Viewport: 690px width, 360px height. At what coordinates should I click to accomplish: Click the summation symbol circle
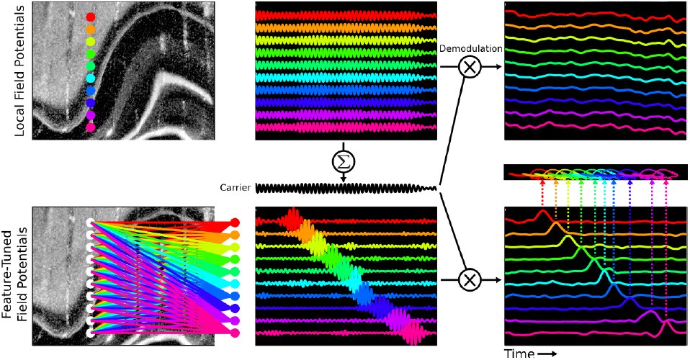coord(344,163)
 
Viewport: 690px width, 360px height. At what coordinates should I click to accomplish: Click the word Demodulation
coord(470,49)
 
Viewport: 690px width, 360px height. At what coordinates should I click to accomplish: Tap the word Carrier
coord(236,188)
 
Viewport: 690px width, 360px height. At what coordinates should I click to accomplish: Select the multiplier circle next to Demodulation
coord(470,67)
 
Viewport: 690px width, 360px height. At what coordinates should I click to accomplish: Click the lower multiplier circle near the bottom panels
coord(470,279)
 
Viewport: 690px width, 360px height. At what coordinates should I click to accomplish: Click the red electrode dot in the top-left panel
coord(90,17)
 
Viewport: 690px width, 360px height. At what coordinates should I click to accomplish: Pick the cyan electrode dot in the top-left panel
coord(90,78)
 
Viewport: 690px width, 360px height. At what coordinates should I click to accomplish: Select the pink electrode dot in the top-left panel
coord(90,127)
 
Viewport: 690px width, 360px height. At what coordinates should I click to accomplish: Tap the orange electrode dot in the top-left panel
coord(90,30)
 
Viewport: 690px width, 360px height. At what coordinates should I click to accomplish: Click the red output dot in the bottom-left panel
coord(236,222)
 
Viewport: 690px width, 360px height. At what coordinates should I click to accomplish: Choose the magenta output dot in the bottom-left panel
coord(236,332)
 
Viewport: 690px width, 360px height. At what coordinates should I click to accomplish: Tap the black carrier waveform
coord(346,189)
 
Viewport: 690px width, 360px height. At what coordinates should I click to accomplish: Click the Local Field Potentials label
coord(20,71)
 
